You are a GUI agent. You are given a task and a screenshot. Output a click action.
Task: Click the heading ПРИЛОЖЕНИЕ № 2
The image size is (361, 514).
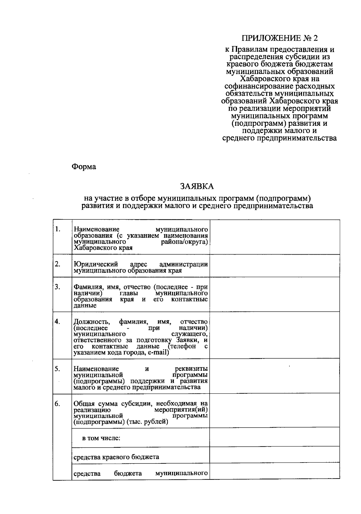[279, 38]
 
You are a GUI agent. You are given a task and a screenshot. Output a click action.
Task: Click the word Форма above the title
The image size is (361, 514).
[84, 167]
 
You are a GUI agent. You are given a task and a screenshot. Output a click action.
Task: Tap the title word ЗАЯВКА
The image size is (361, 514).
[197, 187]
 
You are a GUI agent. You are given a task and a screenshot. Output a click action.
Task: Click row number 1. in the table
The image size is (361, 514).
[58, 229]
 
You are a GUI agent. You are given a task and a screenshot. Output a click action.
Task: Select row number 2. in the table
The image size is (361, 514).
[58, 264]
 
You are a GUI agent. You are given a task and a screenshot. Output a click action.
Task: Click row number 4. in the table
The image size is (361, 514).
[58, 322]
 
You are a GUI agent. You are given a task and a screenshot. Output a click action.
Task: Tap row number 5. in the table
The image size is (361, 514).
[58, 369]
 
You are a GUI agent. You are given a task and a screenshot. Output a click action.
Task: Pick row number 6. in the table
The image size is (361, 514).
[58, 404]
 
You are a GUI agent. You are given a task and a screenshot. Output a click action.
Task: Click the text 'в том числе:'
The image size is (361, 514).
[101, 438]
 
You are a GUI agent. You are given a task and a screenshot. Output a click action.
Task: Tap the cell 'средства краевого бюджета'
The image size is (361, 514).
[116, 457]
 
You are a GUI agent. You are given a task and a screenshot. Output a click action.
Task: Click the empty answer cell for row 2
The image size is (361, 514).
[274, 266]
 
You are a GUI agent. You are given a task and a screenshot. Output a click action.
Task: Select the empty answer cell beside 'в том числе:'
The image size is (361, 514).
[274, 438]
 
